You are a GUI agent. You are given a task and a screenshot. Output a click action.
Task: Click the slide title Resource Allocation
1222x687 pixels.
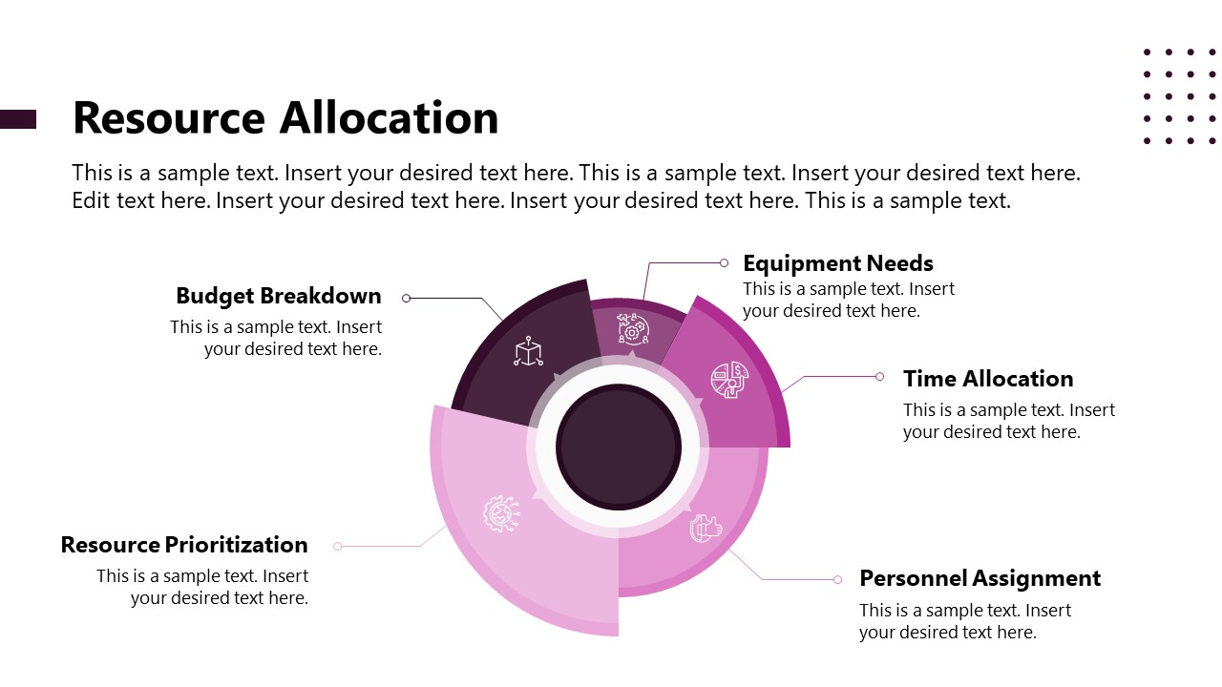[x=285, y=118]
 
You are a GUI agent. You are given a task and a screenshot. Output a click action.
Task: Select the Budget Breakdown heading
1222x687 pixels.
[x=279, y=296]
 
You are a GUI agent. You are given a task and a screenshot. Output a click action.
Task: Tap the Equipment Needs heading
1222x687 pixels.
[x=837, y=263]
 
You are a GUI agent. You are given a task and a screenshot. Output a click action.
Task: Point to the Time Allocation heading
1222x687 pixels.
[x=988, y=379]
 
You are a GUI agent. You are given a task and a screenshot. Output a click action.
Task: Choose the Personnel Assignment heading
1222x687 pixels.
[x=980, y=578]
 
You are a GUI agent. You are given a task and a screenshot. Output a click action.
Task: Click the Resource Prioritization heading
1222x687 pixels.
[x=184, y=545]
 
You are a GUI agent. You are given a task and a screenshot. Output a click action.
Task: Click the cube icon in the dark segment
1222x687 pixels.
[x=528, y=352]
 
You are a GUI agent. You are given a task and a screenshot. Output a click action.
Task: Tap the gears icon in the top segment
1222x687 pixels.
[x=633, y=328]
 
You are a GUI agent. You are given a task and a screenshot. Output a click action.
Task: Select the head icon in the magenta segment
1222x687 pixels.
[x=729, y=380]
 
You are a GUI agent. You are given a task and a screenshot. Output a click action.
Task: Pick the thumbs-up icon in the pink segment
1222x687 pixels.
[x=706, y=528]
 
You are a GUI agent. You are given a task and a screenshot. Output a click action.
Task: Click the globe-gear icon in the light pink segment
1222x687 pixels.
[x=500, y=513]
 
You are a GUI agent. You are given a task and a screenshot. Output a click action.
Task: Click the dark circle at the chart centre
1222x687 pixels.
[x=619, y=447]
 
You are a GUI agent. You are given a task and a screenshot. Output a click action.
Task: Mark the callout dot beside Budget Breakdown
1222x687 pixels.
[x=407, y=299]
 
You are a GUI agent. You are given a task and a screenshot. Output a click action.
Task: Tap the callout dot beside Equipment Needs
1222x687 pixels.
[x=724, y=262]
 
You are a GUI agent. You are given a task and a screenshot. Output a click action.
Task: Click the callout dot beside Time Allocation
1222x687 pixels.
[x=879, y=377]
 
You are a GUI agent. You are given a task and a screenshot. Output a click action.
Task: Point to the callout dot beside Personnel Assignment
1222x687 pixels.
[x=837, y=579]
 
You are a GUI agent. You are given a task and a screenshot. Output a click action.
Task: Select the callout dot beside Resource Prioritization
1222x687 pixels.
[x=337, y=546]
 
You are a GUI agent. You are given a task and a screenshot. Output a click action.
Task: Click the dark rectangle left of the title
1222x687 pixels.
[x=18, y=119]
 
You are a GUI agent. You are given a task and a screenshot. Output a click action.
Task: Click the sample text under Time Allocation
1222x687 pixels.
[x=1009, y=421]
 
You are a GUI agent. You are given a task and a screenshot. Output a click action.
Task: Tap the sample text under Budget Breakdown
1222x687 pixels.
[x=276, y=338]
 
